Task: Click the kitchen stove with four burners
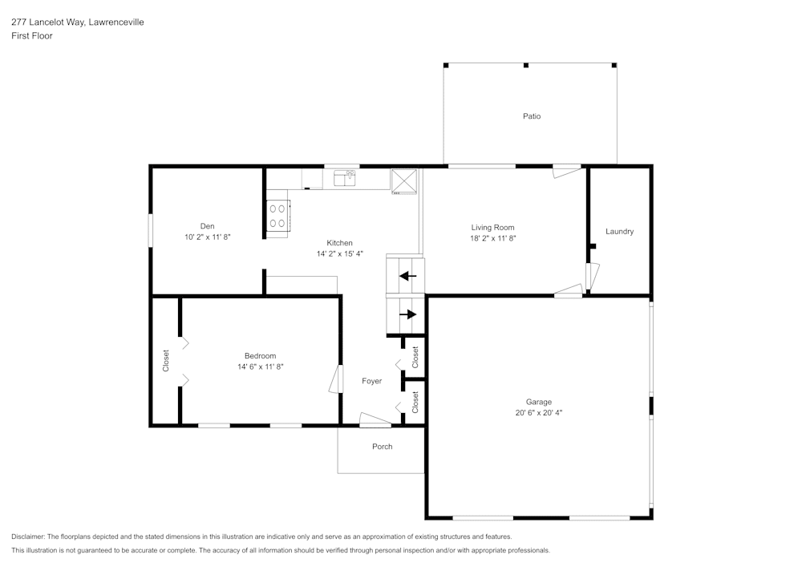pyautogui.click(x=278, y=216)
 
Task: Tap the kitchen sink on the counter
pyautogui.click(x=345, y=177)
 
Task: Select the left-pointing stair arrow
pyautogui.click(x=408, y=276)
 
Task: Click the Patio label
pyautogui.click(x=532, y=116)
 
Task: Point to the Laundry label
pyautogui.click(x=619, y=232)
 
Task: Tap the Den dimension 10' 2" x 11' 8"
pyautogui.click(x=208, y=237)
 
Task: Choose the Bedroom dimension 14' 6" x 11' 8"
pyautogui.click(x=261, y=367)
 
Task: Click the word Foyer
pyautogui.click(x=371, y=381)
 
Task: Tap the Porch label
pyautogui.click(x=383, y=447)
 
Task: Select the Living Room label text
pyautogui.click(x=492, y=228)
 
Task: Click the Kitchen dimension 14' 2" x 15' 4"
pyautogui.click(x=339, y=253)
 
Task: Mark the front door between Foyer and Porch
pyautogui.click(x=375, y=419)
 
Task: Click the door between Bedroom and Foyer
pyautogui.click(x=335, y=379)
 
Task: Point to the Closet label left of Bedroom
pyautogui.click(x=166, y=361)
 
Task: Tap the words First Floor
pyautogui.click(x=32, y=36)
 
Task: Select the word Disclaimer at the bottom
pyautogui.click(x=28, y=537)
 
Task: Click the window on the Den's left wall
pyautogui.click(x=151, y=229)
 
